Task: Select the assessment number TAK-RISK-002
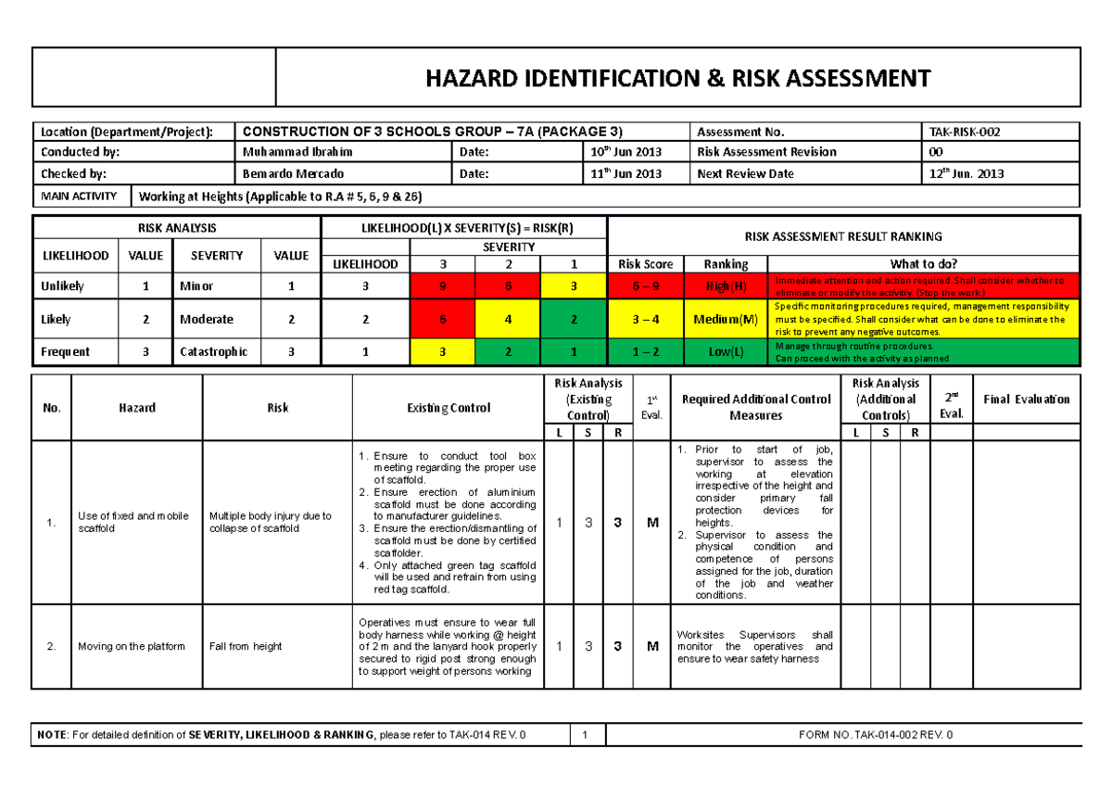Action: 965,132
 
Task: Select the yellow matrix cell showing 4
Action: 508,319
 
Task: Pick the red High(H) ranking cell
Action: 726,286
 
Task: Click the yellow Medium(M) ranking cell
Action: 726,319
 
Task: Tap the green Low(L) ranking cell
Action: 726,352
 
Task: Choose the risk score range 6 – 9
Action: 645,286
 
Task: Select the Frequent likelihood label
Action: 65,352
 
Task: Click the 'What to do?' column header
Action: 923,264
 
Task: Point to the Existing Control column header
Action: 449,408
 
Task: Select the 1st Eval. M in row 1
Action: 652,523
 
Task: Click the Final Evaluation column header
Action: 1027,399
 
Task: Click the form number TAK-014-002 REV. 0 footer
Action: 875,735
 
